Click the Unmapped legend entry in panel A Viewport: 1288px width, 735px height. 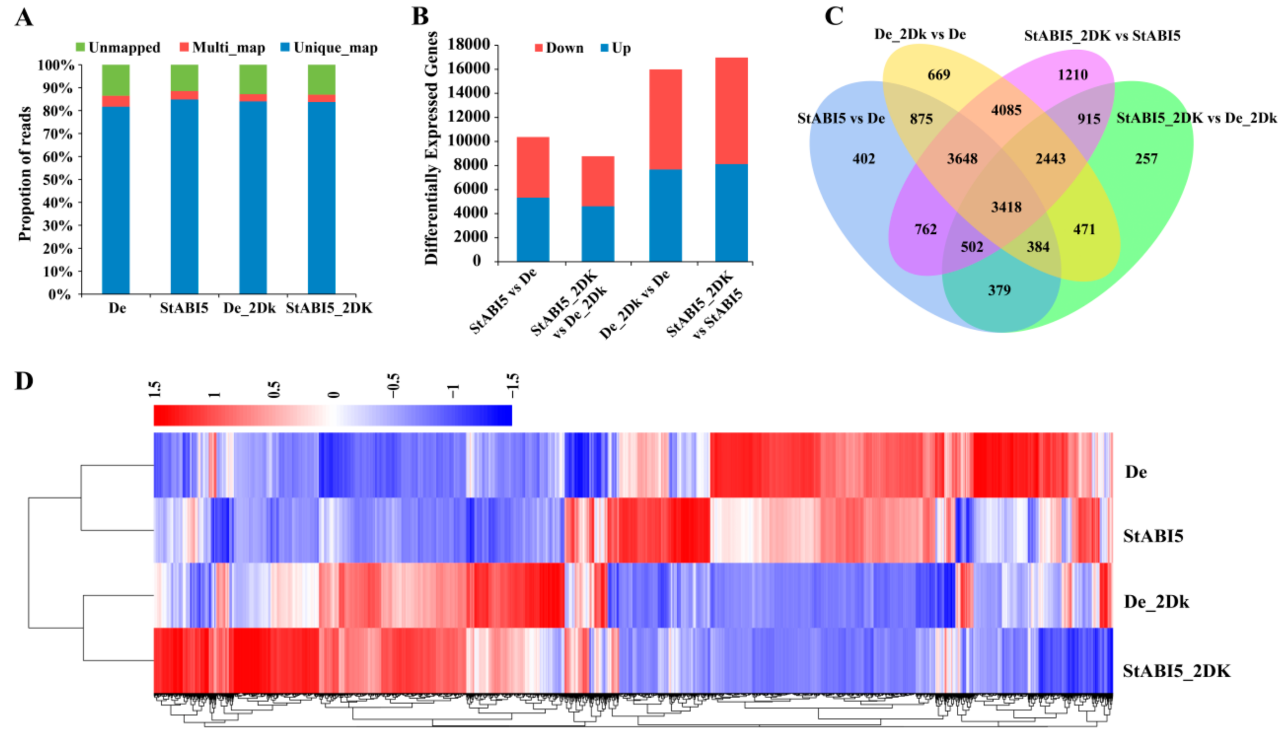point(118,48)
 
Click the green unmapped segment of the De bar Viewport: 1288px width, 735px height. point(116,80)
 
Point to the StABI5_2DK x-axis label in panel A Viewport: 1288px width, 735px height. point(328,308)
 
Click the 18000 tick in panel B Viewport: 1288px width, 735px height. point(469,44)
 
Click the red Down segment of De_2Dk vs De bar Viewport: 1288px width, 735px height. point(665,119)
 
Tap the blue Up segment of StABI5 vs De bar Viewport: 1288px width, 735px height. point(533,229)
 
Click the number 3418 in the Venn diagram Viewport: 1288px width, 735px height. point(1006,207)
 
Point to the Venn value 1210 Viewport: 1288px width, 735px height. point(1072,75)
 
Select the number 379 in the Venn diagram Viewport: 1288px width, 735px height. point(999,290)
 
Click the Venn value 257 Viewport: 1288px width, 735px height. point(1146,159)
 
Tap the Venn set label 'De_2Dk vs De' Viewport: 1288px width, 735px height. point(920,35)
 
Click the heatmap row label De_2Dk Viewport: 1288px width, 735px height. point(1156,602)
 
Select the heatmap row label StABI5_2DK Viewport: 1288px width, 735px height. point(1176,671)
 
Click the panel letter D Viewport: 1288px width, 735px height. point(24,381)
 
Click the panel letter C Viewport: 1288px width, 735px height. point(834,16)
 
